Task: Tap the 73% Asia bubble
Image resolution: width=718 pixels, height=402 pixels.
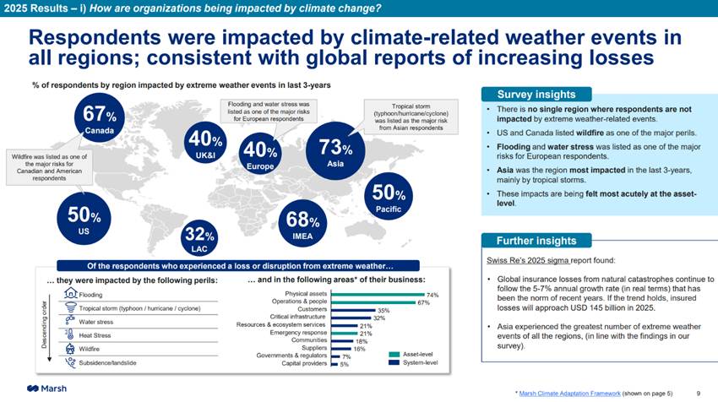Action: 335,151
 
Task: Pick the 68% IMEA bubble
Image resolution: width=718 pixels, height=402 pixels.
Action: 302,225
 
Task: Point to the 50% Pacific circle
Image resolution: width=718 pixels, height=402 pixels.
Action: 388,196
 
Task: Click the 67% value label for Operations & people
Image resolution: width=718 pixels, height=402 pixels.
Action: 424,301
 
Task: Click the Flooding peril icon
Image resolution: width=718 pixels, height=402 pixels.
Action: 70,294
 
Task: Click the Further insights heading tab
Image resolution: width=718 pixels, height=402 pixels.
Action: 536,241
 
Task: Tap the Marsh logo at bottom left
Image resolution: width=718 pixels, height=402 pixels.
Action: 47,388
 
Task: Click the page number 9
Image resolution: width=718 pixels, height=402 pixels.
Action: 698,394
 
